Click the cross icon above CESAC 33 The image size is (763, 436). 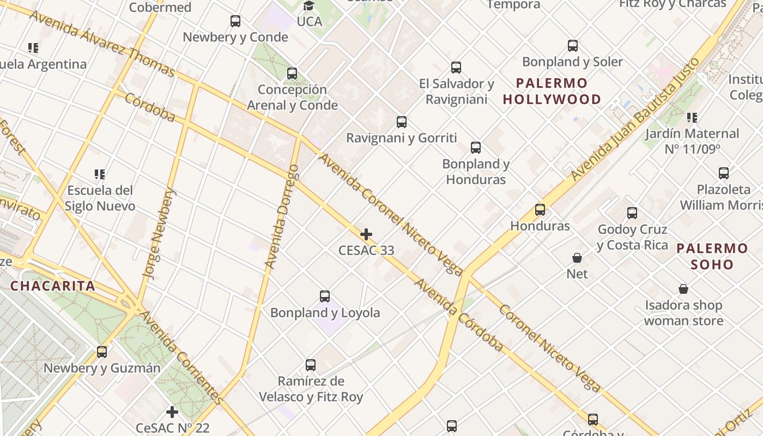pyautogui.click(x=366, y=235)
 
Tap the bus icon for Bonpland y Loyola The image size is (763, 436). pyautogui.click(x=325, y=296)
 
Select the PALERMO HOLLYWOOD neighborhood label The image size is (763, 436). pyautogui.click(x=552, y=92)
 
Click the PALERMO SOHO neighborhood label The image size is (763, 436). pyautogui.click(x=712, y=257)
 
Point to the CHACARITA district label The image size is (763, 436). pyautogui.click(x=53, y=286)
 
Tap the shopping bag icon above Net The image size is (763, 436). pyautogui.click(x=577, y=257)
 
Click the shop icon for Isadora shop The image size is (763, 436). pyautogui.click(x=683, y=289)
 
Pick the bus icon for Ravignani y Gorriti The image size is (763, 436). pyautogui.click(x=402, y=122)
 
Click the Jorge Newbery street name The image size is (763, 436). pyautogui.click(x=159, y=234)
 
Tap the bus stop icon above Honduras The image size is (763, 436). pyautogui.click(x=540, y=210)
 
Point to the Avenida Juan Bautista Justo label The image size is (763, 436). pyautogui.click(x=635, y=119)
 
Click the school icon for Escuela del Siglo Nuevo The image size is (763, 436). pyautogui.click(x=100, y=174)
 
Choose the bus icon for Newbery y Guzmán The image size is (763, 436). pyautogui.click(x=102, y=352)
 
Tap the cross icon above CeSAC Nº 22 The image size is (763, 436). pyautogui.click(x=172, y=412)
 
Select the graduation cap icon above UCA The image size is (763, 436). pyautogui.click(x=309, y=6)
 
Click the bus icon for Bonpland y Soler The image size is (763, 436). pyautogui.click(x=573, y=46)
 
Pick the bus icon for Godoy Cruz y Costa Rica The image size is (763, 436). pyautogui.click(x=632, y=213)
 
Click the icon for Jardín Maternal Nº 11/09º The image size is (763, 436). pyautogui.click(x=692, y=118)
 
